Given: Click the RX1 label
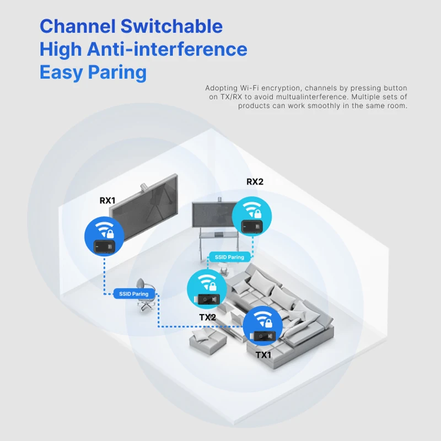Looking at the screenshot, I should [107, 201].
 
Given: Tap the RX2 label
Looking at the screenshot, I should [255, 182].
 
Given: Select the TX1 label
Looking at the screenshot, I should [263, 355].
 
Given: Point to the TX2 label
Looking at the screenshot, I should [207, 318].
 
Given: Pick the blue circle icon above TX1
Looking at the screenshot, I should [263, 326].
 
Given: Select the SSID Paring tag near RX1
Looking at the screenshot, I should [133, 294].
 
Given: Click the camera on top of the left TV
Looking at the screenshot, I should [144, 185].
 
